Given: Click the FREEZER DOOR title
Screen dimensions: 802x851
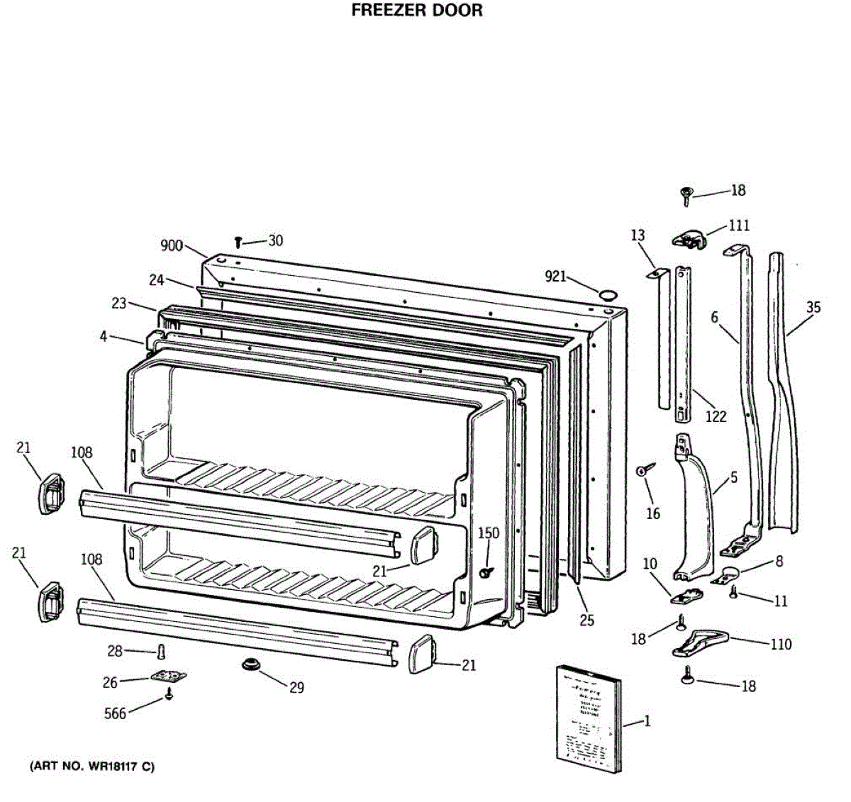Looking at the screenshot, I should (417, 11).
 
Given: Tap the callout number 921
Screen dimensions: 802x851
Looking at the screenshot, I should (555, 276).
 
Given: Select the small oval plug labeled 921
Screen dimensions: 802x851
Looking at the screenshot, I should (607, 294).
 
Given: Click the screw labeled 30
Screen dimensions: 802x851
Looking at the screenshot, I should (239, 243).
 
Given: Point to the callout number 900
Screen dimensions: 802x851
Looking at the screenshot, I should (172, 246).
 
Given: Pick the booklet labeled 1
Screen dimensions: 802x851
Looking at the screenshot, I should (588, 716).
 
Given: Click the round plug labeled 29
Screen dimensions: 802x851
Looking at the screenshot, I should (250, 664).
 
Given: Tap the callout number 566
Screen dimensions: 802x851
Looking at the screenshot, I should (115, 713).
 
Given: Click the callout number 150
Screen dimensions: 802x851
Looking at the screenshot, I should (488, 533).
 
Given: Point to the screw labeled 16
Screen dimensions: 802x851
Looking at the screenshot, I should (646, 469).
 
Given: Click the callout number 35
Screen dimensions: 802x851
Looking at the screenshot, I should (813, 307).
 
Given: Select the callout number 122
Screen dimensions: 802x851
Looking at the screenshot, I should (716, 416).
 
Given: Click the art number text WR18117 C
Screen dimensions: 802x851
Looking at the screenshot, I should (91, 767).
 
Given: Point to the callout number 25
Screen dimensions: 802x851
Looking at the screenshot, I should (586, 620).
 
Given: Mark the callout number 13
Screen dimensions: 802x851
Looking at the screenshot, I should (638, 235).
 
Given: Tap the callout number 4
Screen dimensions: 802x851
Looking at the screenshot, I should (104, 336).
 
